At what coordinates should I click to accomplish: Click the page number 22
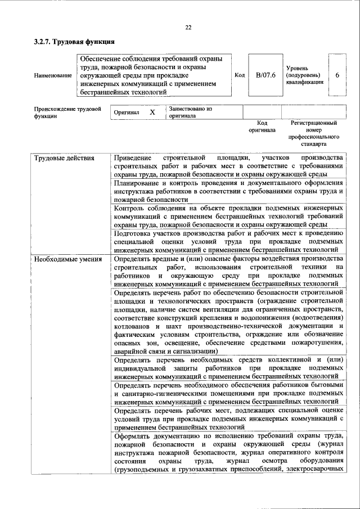(x=188, y=28)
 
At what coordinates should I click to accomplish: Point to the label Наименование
(x=53, y=75)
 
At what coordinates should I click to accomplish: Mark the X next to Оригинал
(x=152, y=112)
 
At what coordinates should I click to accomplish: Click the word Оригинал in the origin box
(x=127, y=112)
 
